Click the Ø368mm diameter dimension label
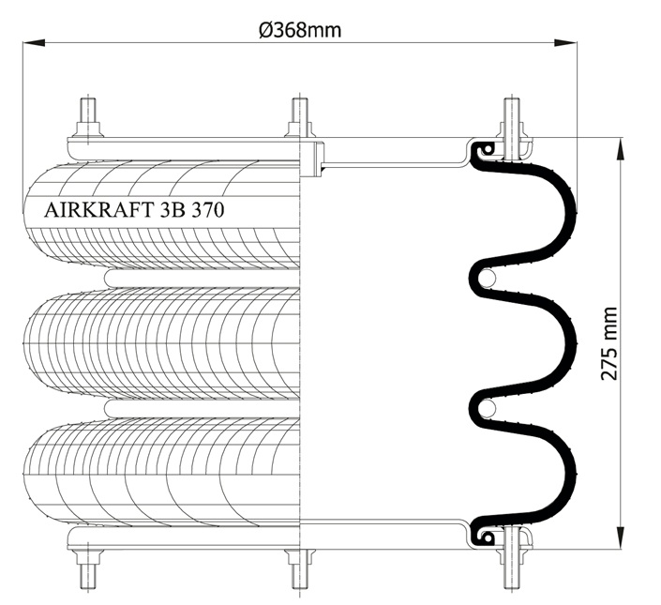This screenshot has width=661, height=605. coord(300,30)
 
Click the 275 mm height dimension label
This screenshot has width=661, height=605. coord(608,344)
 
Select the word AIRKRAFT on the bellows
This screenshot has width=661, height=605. coord(98,210)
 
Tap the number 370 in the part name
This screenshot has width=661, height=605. coord(208,210)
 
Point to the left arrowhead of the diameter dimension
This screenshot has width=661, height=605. coord(34,42)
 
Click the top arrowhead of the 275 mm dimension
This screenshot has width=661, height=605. coord(621,149)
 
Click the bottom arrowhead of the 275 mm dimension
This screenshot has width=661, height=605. coord(621,538)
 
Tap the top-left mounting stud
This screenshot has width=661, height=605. coord(88,117)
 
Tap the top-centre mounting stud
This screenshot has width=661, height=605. coord(300,117)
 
